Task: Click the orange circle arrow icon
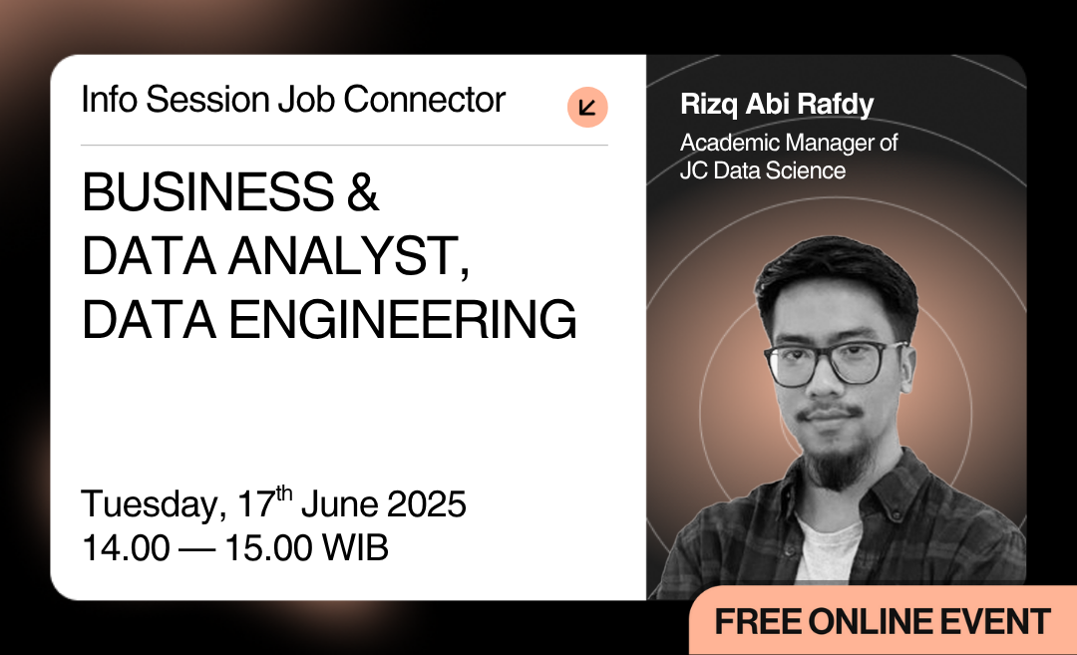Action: pyautogui.click(x=587, y=108)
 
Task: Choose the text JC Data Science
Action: pyautogui.click(x=763, y=170)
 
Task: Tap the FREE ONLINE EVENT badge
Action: pyautogui.click(x=883, y=621)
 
